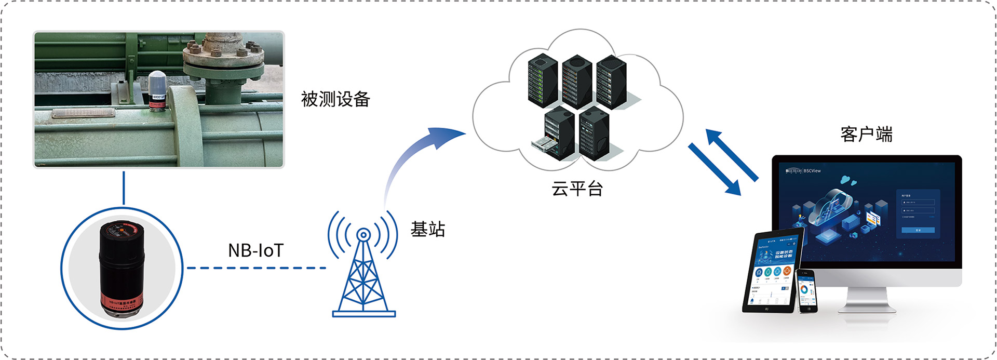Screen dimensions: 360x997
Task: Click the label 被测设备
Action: click(x=335, y=99)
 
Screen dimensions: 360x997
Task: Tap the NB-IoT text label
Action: click(x=255, y=250)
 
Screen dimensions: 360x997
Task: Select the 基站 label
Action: click(x=427, y=229)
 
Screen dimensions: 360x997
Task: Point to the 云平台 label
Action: click(x=577, y=189)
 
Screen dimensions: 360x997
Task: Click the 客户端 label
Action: click(x=866, y=134)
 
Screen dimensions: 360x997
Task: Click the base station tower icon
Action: click(x=363, y=270)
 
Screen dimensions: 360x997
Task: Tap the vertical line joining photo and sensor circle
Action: click(x=124, y=188)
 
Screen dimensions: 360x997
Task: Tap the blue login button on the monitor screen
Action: click(x=918, y=230)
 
